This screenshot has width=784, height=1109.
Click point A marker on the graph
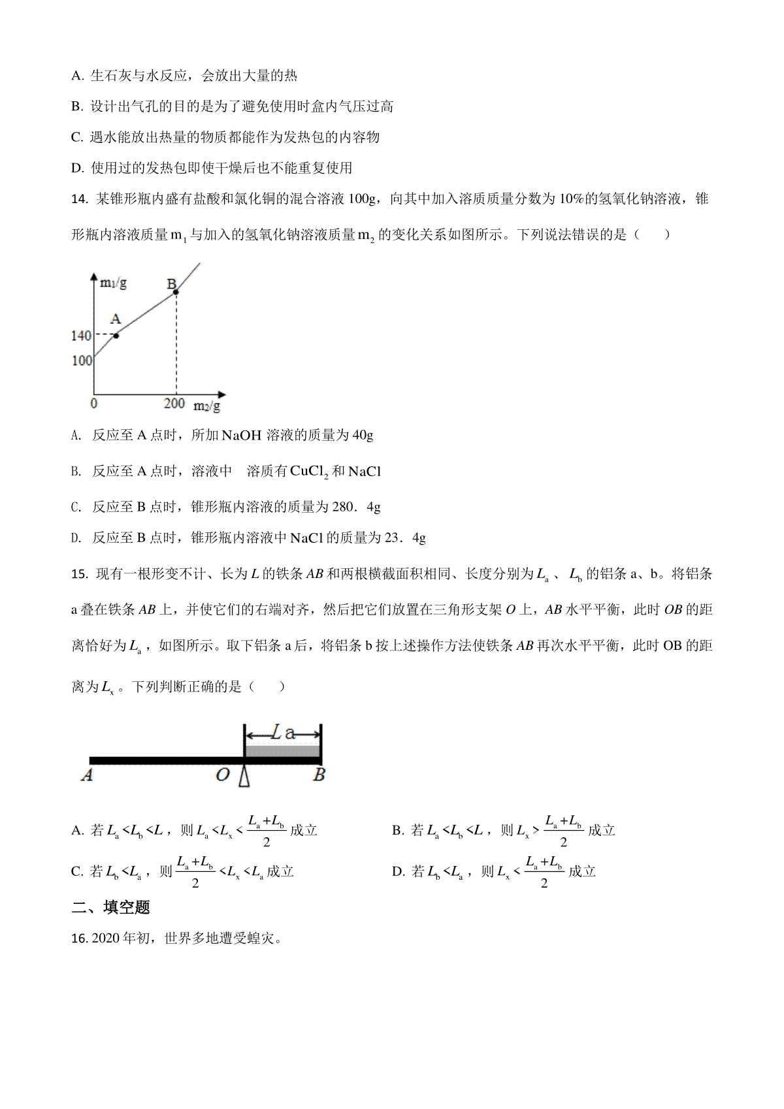pos(116,336)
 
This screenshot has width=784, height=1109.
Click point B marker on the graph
pos(176,292)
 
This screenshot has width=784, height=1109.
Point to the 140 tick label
pos(81,336)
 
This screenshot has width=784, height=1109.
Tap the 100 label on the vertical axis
pos(82,361)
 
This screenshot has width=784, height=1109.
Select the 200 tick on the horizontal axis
pos(174,404)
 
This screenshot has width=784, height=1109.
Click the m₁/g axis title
pos(113,283)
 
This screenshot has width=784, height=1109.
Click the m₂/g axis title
pos(206,406)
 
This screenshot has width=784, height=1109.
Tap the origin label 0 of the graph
pos(94,404)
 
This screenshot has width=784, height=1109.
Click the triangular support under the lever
pos(244,776)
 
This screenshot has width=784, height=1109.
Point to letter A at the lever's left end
pos(87,775)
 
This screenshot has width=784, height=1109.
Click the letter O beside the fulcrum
pos(223,775)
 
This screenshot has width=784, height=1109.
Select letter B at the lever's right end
pos(319,775)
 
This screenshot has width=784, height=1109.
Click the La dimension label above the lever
pos(283,733)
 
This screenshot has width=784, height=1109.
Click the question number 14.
pos(79,199)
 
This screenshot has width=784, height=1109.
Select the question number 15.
pos(79,574)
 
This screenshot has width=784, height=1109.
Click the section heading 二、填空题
pos(110,907)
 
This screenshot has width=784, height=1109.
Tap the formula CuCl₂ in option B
pos(309,472)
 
